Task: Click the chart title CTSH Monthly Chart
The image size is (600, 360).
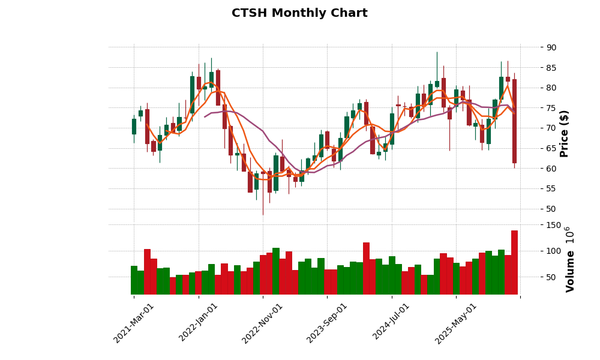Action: coord(299,13)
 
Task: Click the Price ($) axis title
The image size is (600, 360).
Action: coord(564,133)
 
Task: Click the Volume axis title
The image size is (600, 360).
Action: coord(570,271)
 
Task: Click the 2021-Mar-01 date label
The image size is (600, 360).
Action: coord(134,323)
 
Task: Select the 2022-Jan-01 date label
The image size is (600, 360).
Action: coord(199,323)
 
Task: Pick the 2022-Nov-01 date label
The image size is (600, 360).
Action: coord(263,323)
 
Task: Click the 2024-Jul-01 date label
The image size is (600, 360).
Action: coord(392,323)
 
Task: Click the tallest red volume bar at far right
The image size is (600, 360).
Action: coord(514,262)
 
